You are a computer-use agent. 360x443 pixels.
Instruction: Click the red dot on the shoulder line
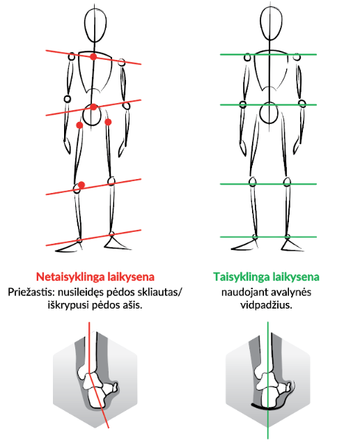[x=93, y=57]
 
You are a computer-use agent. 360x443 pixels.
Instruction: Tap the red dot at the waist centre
[x=93, y=107]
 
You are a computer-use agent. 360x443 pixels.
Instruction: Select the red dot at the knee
[x=81, y=185]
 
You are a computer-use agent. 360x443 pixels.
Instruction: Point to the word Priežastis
[x=31, y=292]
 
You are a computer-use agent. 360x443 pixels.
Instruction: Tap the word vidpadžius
[x=266, y=305]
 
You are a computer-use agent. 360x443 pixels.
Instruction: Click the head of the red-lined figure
[x=95, y=26]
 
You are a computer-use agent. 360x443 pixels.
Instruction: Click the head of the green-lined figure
[x=271, y=24]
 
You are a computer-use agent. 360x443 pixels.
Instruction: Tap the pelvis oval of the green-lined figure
[x=269, y=114]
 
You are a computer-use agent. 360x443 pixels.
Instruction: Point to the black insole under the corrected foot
[x=267, y=407]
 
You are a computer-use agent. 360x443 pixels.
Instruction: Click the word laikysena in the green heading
[x=296, y=277]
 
